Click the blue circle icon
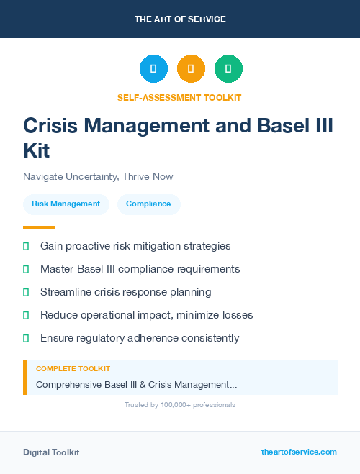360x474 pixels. [153, 69]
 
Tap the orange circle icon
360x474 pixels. [191, 69]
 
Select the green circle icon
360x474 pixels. [228, 69]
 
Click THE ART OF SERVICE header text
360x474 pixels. [180, 19]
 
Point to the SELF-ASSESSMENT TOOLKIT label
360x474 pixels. [179, 97]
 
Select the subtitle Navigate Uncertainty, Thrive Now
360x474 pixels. [98, 176]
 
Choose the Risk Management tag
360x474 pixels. [66, 204]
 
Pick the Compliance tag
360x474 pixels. [148, 204]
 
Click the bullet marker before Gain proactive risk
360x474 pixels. [26, 246]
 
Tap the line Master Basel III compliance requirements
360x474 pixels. [140, 269]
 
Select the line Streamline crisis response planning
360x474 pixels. [125, 292]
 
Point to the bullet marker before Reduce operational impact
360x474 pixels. [26, 315]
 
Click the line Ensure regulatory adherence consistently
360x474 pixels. [140, 338]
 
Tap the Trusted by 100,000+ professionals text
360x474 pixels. [180, 405]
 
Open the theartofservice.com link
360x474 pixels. [299, 452]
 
